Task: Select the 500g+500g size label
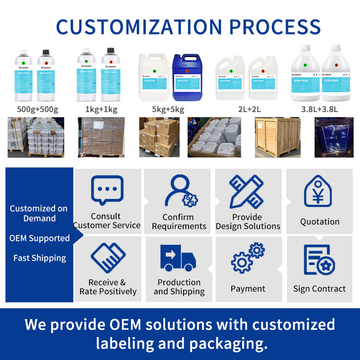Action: (x=37, y=109)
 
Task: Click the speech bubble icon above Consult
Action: (x=107, y=190)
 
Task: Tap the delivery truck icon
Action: (x=178, y=258)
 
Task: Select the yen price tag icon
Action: (x=319, y=191)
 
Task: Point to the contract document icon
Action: (x=319, y=260)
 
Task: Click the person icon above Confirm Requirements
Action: (x=180, y=191)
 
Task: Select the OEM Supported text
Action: (x=40, y=238)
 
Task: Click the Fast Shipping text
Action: (x=40, y=258)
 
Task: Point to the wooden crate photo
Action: (x=278, y=137)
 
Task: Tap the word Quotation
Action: (x=319, y=221)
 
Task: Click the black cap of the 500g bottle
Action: (x=45, y=52)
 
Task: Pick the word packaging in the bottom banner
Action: (x=228, y=344)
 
